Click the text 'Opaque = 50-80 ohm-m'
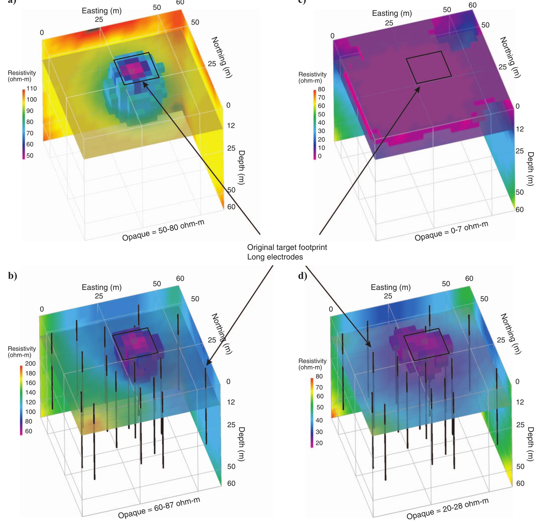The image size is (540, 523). coord(163,230)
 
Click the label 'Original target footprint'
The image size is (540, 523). coord(287,247)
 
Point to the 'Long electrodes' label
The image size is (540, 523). coord(275,257)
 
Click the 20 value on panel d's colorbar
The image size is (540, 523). coord(319,443)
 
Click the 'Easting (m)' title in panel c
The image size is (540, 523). coord(392,13)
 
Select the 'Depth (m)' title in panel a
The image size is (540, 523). coord(242,167)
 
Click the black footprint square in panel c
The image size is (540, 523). coord(429,67)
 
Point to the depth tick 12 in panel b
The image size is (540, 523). coord(231,402)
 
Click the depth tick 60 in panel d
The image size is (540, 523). coord(520,483)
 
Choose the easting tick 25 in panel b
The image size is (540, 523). coord(99,296)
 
